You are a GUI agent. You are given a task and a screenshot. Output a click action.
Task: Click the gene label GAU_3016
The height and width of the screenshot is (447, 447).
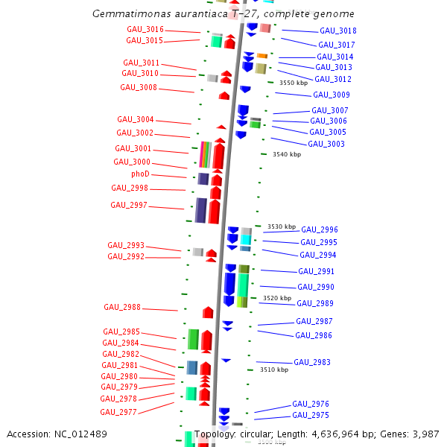click(x=145, y=29)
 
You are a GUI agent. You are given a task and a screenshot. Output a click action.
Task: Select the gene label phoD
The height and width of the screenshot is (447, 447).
click(x=140, y=174)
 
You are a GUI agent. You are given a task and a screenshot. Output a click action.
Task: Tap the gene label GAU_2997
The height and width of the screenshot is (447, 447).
click(x=129, y=205)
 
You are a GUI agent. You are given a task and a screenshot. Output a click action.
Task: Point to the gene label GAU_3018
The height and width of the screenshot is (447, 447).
click(x=337, y=31)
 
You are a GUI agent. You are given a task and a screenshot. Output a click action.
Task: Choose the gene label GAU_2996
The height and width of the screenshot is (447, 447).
click(x=320, y=229)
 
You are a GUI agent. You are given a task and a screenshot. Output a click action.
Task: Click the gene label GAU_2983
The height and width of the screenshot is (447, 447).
click(x=311, y=362)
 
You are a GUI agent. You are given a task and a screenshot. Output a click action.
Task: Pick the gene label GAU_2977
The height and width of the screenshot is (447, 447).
click(x=118, y=412)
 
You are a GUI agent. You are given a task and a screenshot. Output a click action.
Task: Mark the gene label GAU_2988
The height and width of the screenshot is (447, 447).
click(x=122, y=307)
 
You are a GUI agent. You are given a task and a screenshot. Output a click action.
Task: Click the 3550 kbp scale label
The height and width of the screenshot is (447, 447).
click(x=293, y=83)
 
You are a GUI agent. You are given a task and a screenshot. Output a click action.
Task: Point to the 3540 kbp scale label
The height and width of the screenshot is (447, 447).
click(x=287, y=154)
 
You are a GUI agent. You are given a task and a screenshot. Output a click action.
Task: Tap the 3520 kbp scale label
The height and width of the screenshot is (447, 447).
click(x=277, y=298)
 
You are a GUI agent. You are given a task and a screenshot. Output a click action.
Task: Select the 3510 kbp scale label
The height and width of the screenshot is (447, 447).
click(x=273, y=370)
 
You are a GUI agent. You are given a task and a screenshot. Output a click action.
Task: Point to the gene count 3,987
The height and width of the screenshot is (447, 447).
click(x=425, y=434)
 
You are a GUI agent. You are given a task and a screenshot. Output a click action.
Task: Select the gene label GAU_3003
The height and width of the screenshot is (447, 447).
click(x=326, y=144)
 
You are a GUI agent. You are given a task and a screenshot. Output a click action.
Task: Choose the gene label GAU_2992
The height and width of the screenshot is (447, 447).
click(x=126, y=256)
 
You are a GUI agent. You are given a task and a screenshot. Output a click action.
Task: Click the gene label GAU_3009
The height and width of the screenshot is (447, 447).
click(x=331, y=95)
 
